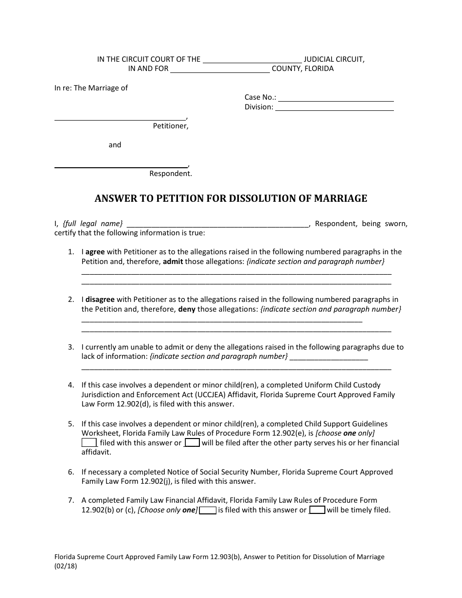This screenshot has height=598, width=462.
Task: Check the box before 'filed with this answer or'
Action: (89, 443)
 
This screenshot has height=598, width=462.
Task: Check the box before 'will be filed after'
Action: (193, 443)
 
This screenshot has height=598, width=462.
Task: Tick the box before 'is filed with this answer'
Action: (208, 510)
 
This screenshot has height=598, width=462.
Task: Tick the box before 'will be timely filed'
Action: (318, 510)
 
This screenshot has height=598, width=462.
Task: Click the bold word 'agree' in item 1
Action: (95, 252)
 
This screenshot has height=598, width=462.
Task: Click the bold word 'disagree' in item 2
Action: (100, 299)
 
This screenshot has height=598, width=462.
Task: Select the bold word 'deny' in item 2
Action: (187, 309)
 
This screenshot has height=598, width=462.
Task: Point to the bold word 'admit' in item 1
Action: (173, 262)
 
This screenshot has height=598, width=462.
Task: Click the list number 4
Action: (71, 385)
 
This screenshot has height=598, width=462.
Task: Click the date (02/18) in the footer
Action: (66, 566)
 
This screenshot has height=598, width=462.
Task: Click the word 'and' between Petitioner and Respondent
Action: (115, 145)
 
